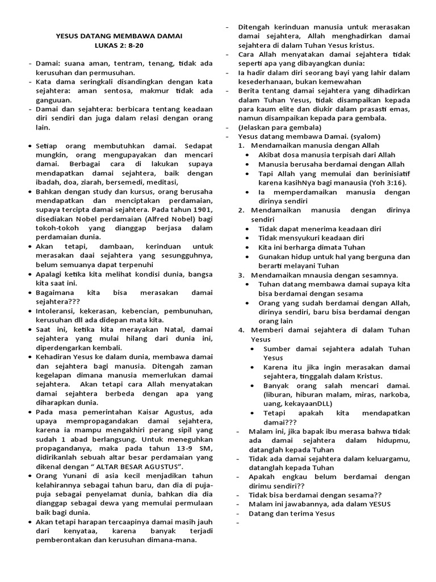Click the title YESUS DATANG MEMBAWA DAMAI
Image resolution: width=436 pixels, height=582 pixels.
[119, 35]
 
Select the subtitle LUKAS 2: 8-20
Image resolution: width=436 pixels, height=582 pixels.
[120, 45]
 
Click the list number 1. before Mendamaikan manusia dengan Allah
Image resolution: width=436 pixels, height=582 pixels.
[241, 145]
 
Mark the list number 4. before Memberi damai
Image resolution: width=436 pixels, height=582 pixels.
[241, 330]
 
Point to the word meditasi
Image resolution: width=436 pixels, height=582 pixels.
[161, 182]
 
